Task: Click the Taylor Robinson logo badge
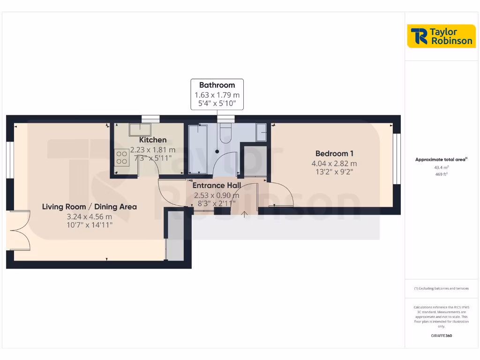click(442, 36)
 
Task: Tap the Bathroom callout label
click(217, 94)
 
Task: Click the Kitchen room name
click(153, 140)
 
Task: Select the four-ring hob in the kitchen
click(122, 157)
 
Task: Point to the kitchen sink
click(140, 130)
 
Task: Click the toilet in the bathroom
click(225, 133)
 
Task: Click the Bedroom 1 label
click(334, 154)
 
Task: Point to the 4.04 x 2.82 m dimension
click(334, 164)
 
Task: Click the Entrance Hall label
click(217, 185)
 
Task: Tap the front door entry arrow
click(244, 215)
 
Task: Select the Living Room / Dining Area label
click(90, 207)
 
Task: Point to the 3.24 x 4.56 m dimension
click(90, 217)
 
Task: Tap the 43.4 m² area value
click(441, 167)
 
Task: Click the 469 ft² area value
click(441, 174)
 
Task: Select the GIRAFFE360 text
click(441, 336)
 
